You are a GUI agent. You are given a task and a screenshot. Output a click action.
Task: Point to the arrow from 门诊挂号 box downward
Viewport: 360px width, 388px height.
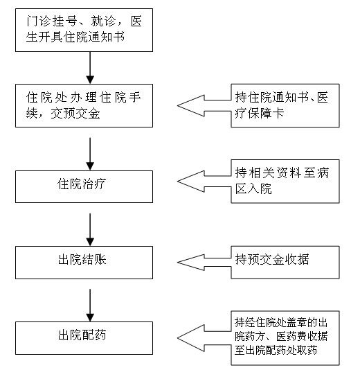pos(90,68)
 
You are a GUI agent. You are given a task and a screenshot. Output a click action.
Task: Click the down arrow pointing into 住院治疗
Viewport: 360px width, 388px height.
pos(90,154)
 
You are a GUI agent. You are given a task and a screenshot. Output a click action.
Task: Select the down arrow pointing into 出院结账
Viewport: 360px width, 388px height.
pos(90,229)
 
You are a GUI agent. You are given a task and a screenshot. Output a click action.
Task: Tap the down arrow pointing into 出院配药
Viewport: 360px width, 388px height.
pos(90,306)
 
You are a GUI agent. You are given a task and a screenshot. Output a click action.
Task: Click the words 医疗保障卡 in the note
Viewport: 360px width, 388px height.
pos(259,114)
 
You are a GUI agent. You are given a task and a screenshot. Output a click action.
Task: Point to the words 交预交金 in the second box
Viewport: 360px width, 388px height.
pos(75,114)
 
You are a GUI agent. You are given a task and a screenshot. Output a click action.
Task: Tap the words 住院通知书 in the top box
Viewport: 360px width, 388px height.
pos(94,37)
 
